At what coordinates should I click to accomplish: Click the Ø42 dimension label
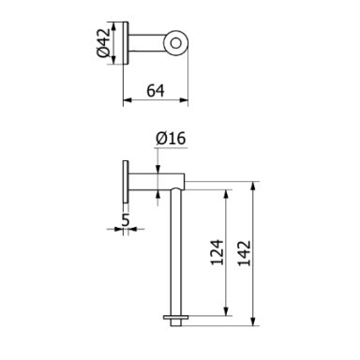[x=103, y=43]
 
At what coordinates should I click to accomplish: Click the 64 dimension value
[x=156, y=91]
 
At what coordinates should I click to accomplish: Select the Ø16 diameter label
[x=171, y=138]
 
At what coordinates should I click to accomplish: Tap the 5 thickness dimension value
[x=126, y=220]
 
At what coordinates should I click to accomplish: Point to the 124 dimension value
[x=217, y=252]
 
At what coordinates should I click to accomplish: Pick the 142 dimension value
[x=245, y=253]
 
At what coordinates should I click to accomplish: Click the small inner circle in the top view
[x=176, y=43]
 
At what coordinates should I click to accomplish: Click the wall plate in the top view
[x=126, y=43]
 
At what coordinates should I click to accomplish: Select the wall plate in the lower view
[x=126, y=182]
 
